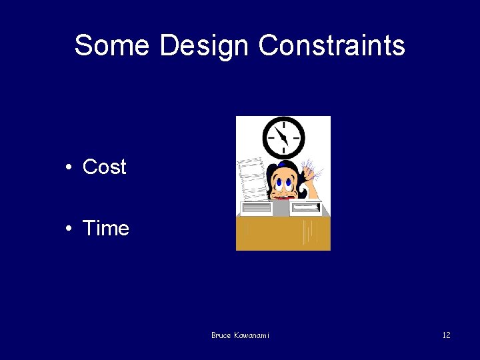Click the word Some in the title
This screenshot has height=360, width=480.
[112, 45]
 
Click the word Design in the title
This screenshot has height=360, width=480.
[205, 45]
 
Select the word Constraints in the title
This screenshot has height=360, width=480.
[331, 45]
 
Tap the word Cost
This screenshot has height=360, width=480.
[104, 167]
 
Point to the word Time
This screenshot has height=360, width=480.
[105, 229]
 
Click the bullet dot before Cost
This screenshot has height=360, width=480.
[69, 167]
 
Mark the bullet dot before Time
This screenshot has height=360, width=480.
[69, 229]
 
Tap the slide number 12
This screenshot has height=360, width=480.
[446, 335]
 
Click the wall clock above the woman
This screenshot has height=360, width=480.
[284, 137]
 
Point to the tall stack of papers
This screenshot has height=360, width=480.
[251, 178]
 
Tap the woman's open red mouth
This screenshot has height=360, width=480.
[283, 197]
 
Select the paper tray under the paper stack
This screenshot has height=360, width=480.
[255, 209]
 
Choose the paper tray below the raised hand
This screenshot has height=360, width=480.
[306, 209]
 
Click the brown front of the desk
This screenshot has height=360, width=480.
[283, 233]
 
